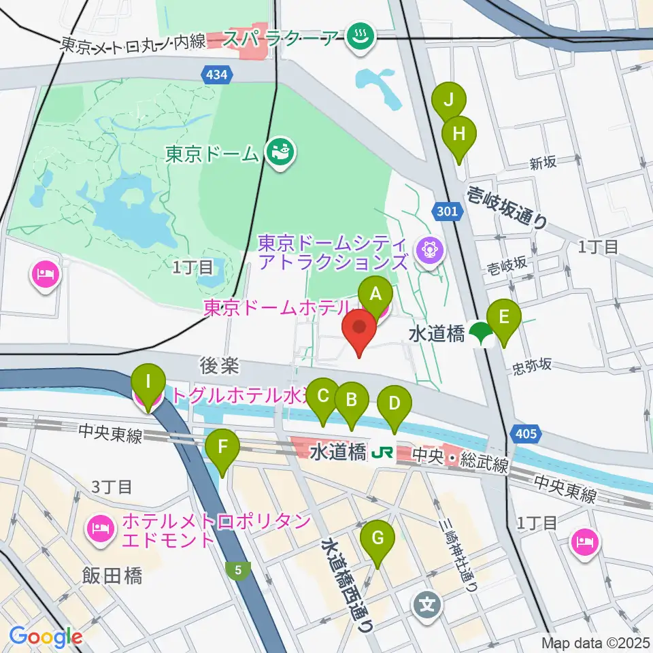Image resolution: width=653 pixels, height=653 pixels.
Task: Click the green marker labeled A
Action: (375, 295)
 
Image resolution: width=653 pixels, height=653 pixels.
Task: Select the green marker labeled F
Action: (223, 448)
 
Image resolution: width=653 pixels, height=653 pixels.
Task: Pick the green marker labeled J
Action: (448, 99)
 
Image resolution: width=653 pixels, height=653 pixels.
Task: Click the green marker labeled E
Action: (504, 318)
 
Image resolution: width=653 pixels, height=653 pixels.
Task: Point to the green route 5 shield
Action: (239, 571)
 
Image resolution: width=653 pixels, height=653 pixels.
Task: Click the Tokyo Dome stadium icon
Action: (280, 151)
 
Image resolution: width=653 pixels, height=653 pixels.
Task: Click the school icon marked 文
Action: (426, 603)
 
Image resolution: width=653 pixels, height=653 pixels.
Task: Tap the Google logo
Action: (46, 637)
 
